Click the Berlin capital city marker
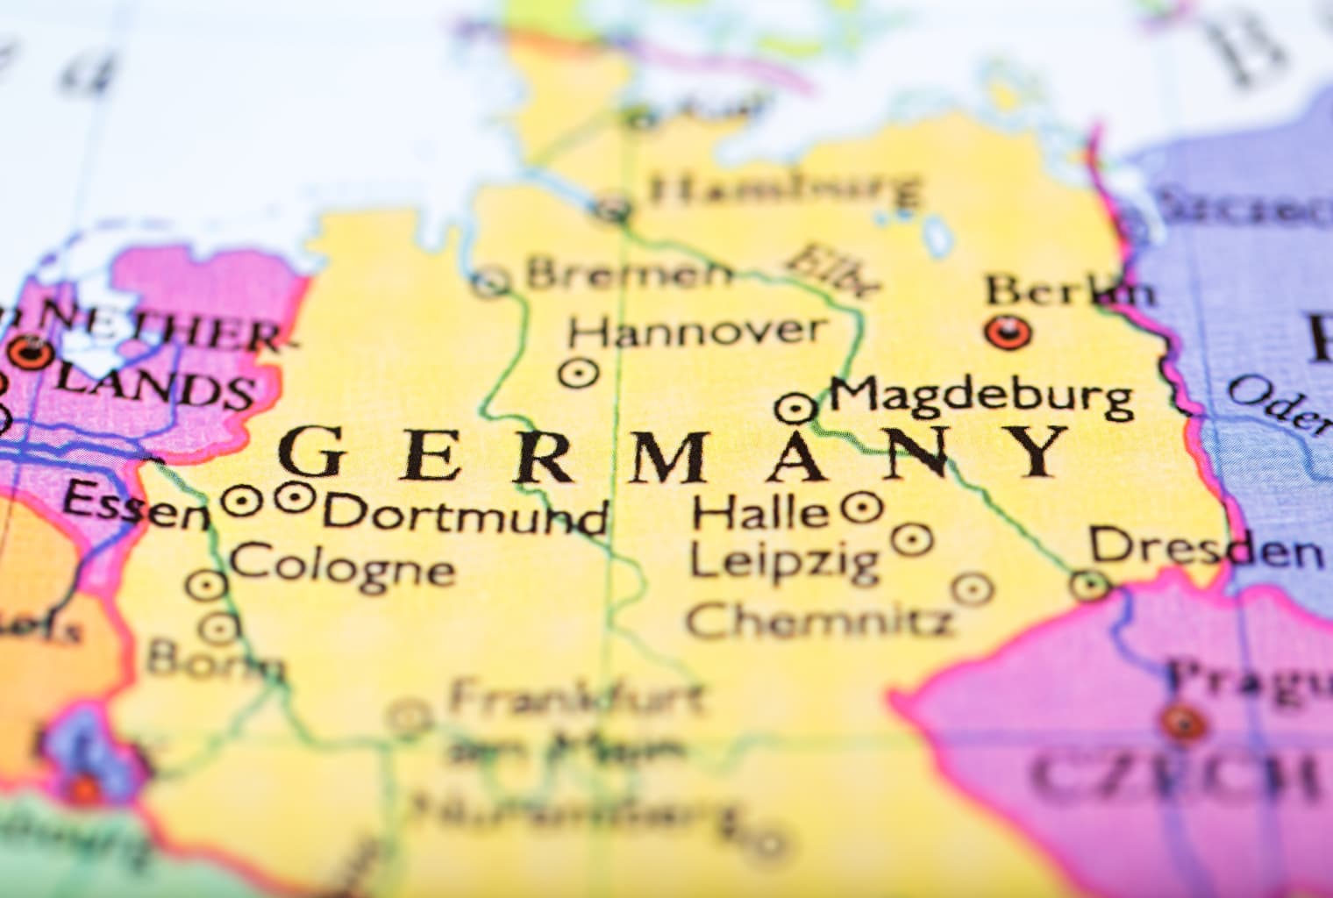coord(1008,331)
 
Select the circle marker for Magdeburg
coord(796,407)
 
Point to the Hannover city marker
coord(579,373)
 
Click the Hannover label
coord(696,331)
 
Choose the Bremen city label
coord(628,274)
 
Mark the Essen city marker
coord(241,502)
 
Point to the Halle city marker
coord(862,506)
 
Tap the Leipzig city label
coord(783,559)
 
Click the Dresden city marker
coord(1091,583)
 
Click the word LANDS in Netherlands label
coord(167,389)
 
